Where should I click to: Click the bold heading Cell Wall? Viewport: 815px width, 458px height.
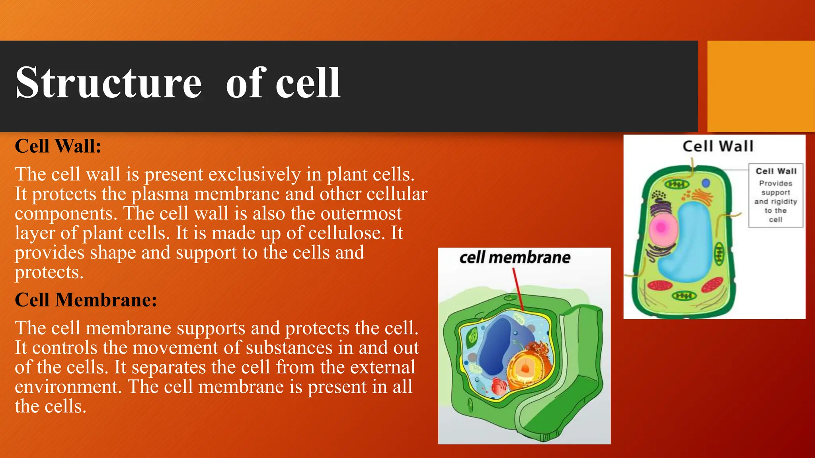58,146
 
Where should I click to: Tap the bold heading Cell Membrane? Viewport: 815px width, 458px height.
86,300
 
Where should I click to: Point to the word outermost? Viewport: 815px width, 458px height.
361,213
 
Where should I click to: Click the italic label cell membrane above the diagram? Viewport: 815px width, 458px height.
515,258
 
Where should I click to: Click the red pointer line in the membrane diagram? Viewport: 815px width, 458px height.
518,288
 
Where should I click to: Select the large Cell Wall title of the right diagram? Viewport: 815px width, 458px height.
718,146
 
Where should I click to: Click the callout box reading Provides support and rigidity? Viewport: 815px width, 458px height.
775,196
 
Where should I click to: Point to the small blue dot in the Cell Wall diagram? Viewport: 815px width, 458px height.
706,183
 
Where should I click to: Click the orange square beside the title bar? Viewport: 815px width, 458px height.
760,86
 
